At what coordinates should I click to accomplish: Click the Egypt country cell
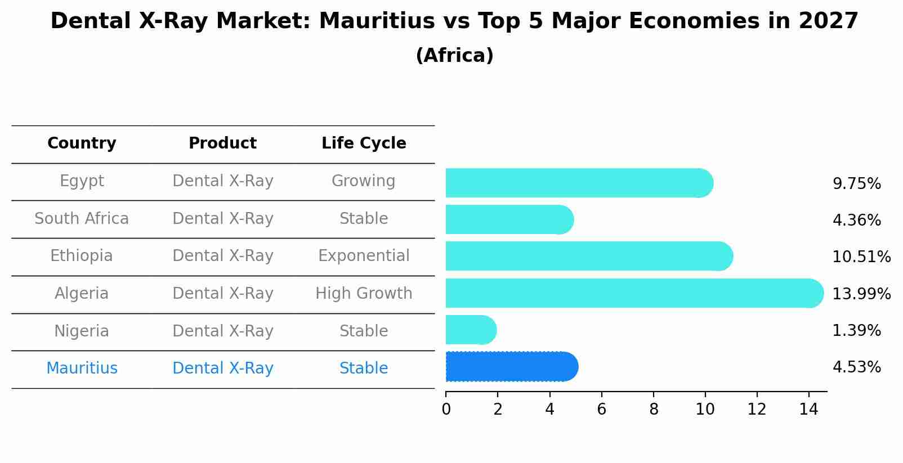pos(82,181)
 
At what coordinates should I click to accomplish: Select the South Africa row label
pos(82,218)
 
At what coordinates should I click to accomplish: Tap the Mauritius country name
pos(82,368)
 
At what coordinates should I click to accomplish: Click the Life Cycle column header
pos(364,143)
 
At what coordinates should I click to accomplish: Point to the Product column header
pos(222,143)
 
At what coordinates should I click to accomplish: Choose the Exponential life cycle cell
pos(364,256)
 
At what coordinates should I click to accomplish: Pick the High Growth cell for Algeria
pos(364,294)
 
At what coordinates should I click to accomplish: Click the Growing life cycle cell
pos(364,181)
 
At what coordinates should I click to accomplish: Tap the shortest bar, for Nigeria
pos(470,330)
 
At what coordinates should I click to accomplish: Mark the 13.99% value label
pos(861,294)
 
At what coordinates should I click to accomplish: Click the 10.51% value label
pos(861,257)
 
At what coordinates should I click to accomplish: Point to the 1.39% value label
pos(856,331)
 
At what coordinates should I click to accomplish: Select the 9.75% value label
pos(856,184)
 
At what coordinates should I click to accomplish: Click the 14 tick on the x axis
pos(808,410)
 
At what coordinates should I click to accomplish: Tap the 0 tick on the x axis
pos(446,410)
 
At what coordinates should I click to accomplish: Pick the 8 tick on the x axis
pos(654,410)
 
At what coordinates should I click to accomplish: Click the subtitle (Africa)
pos(454,56)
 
